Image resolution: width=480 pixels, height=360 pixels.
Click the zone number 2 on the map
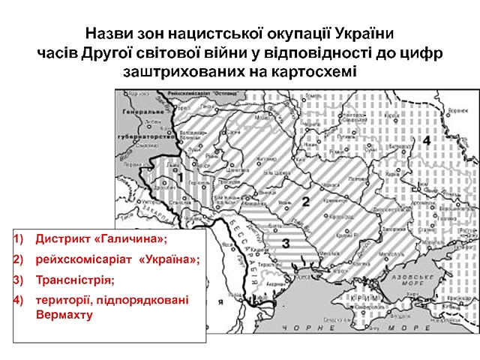(x=305, y=200)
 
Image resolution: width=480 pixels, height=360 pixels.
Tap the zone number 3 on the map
(x=286, y=242)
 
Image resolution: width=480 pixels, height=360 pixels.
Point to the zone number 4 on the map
(x=425, y=140)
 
